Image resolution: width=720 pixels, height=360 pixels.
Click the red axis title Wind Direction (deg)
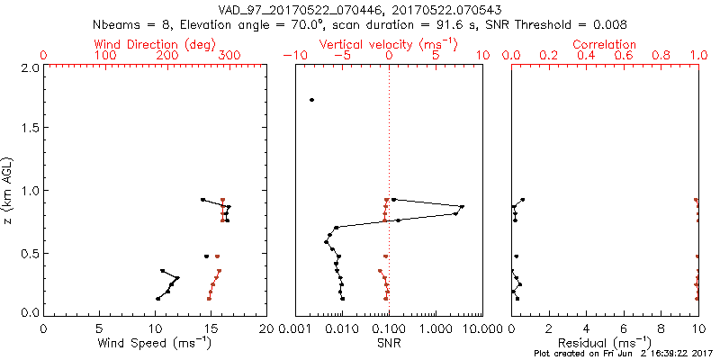click(155, 43)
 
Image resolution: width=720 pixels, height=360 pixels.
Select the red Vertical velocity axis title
click(388, 43)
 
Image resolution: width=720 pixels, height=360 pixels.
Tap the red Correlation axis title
click(605, 43)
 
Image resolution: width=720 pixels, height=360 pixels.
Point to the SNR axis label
click(388, 342)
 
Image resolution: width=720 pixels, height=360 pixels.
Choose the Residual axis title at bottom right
click(605, 342)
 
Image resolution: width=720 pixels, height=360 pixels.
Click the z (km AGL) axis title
click(9, 189)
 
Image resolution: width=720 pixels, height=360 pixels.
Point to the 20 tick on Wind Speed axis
click(266, 328)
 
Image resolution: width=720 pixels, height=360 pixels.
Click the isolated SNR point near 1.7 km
click(311, 100)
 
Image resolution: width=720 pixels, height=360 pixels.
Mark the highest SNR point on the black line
click(462, 207)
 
